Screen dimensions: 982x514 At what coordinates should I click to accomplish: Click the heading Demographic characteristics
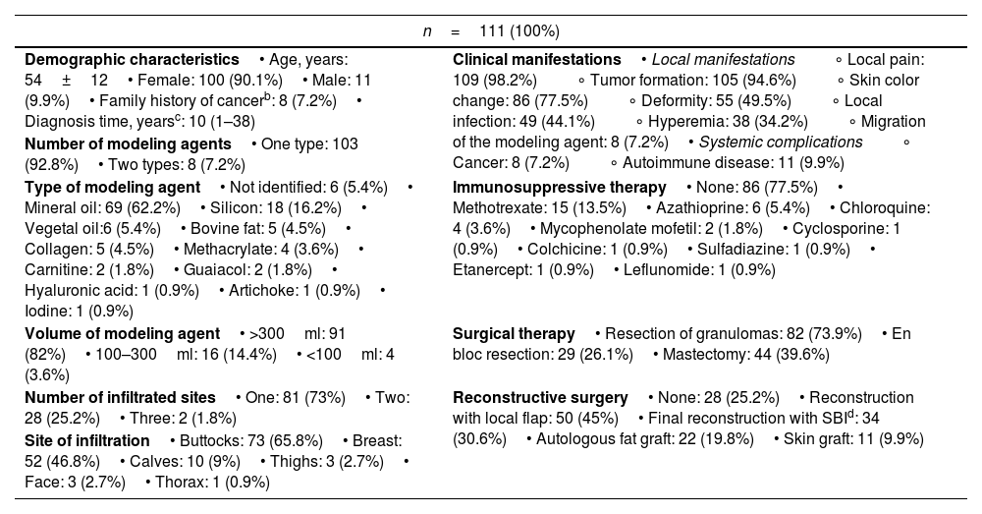tap(132, 60)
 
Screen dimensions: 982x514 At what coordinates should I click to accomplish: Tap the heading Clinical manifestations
tap(537, 60)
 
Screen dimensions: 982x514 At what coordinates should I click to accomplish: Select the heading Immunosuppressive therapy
tap(560, 188)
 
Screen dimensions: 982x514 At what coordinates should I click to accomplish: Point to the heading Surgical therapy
tap(514, 333)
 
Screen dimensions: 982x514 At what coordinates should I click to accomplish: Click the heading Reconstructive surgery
tap(540, 397)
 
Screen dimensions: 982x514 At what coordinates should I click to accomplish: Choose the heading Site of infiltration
tap(87, 440)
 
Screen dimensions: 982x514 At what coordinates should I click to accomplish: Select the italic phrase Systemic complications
tap(781, 143)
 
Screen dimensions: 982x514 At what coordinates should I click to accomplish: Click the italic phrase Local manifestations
tap(724, 60)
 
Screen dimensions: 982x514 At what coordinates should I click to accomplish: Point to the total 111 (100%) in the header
tap(519, 31)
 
